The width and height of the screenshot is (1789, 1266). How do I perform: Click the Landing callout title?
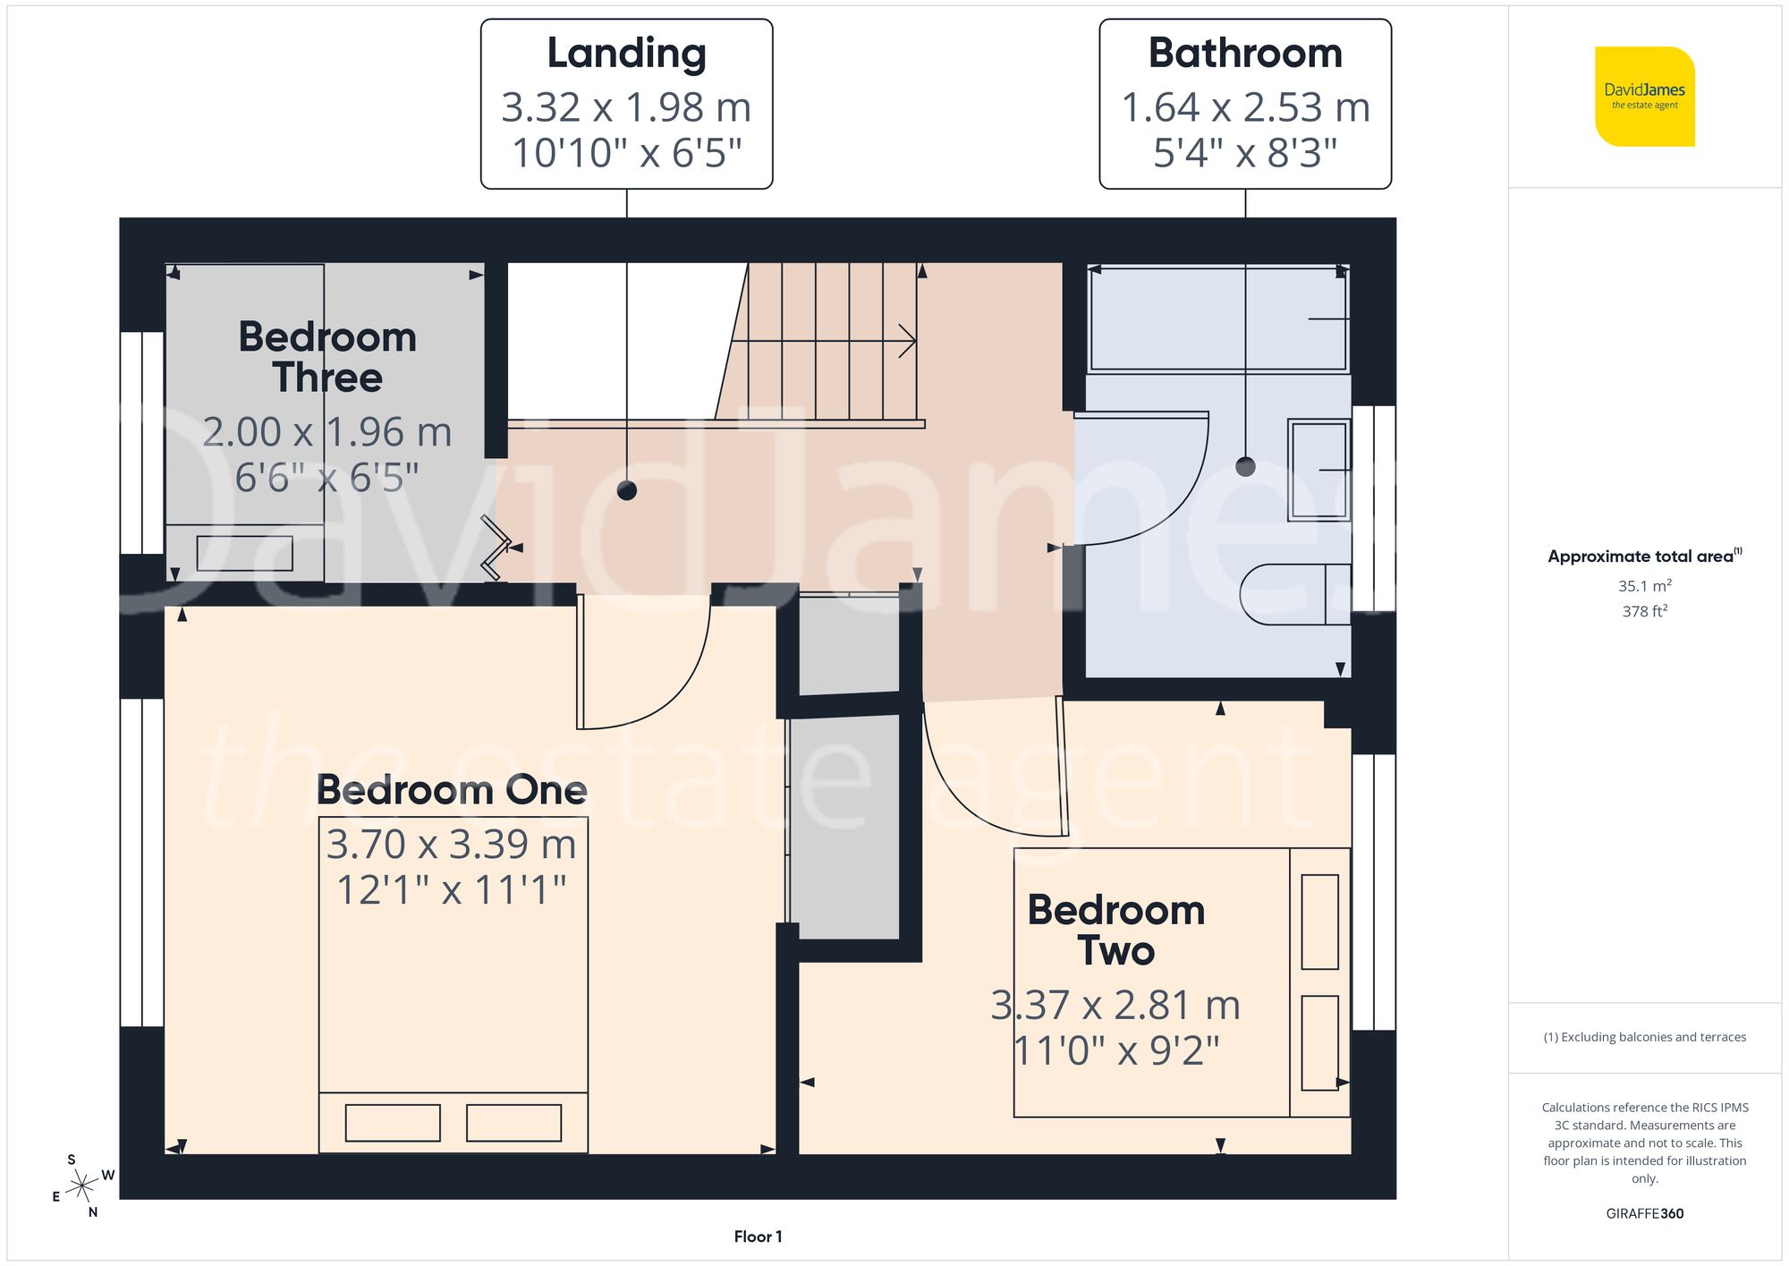626,54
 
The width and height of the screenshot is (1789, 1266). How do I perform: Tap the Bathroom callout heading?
1245,54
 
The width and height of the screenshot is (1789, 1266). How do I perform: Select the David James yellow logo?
1644,97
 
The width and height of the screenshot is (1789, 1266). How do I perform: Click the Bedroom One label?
452,790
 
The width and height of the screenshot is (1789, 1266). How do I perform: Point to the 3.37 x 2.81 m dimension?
1115,1006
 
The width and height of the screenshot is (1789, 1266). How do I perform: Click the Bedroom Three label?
327,357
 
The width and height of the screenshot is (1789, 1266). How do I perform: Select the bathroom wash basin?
1318,470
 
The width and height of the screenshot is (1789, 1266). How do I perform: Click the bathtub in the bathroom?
1218,318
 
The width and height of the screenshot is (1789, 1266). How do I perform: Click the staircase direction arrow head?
909,341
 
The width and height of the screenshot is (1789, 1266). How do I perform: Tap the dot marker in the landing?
627,490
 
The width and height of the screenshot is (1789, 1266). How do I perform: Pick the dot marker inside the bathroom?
1245,466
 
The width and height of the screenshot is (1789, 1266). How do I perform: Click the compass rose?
82,1186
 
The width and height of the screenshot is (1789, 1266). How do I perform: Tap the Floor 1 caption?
758,1236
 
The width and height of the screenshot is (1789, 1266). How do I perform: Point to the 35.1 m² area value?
1644,586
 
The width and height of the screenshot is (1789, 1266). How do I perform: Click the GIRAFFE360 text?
1644,1213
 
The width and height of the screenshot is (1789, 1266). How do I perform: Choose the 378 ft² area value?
1644,611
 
